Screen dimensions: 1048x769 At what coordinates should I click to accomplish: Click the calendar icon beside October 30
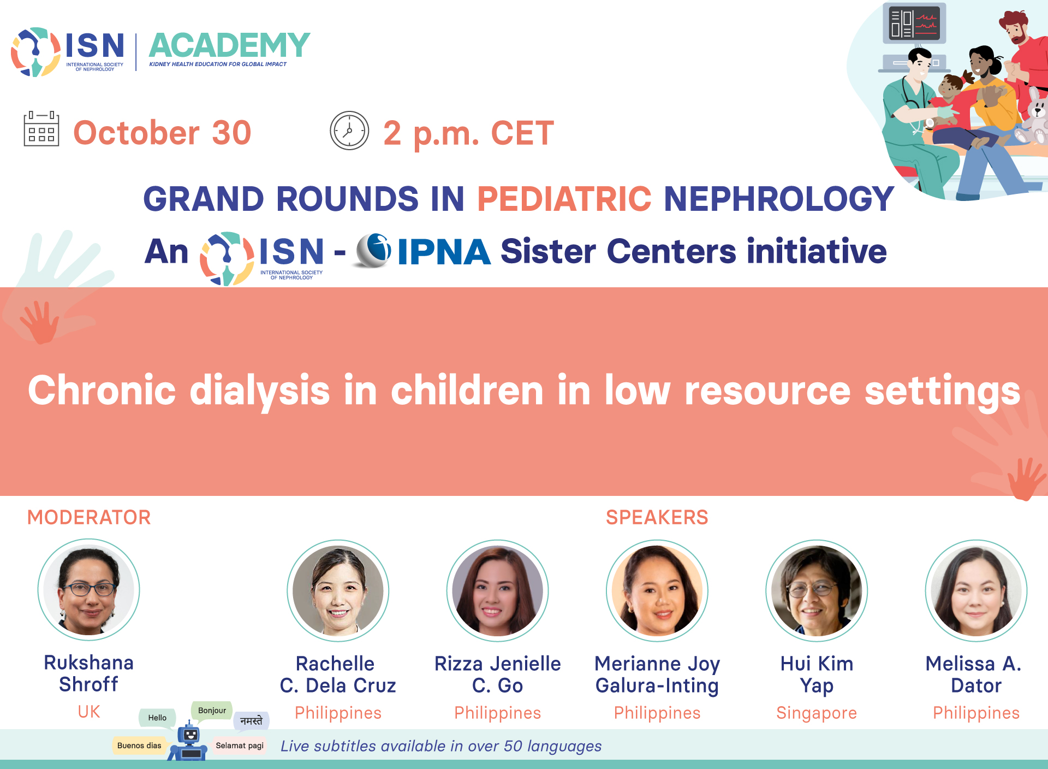click(x=41, y=129)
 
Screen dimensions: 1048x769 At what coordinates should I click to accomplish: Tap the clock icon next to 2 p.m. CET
click(x=349, y=131)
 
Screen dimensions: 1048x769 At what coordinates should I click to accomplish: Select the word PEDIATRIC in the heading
click(x=564, y=198)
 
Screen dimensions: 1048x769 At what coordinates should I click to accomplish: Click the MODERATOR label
click(x=89, y=517)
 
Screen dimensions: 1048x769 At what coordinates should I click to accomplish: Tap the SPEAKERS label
click(x=657, y=517)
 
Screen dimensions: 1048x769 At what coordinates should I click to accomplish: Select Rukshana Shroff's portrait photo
click(x=89, y=590)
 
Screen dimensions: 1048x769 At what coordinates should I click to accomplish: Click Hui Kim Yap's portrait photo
click(x=817, y=590)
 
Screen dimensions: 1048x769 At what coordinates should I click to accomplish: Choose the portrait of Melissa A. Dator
click(x=976, y=590)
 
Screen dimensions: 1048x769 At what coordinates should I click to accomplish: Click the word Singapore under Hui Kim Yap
click(x=817, y=713)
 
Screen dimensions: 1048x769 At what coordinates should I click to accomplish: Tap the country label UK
click(x=89, y=712)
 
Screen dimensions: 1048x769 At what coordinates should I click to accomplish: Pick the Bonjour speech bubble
click(x=212, y=711)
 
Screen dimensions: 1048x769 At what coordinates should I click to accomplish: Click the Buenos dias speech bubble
click(x=139, y=746)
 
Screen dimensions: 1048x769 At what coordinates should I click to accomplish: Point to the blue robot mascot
click(x=188, y=742)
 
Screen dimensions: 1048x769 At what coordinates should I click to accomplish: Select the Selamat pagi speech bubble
click(x=240, y=746)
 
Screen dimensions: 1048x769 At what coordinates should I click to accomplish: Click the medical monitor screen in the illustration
click(x=914, y=23)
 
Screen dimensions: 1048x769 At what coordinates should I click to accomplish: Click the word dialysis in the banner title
click(x=260, y=391)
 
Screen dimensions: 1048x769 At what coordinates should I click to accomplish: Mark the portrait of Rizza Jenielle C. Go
click(x=498, y=590)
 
